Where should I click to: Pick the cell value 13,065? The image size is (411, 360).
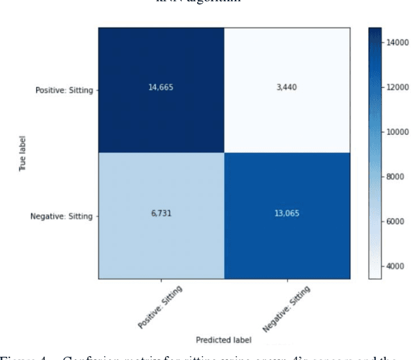(284, 216)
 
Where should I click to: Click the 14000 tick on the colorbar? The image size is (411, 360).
(398, 42)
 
